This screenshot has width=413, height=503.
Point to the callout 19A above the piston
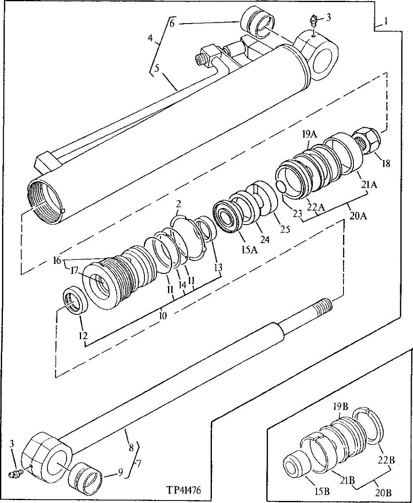point(309,134)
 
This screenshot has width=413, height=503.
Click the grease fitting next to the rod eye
point(16,472)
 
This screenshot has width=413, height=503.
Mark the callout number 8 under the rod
point(130,447)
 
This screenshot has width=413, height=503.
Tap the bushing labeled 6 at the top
point(259,22)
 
